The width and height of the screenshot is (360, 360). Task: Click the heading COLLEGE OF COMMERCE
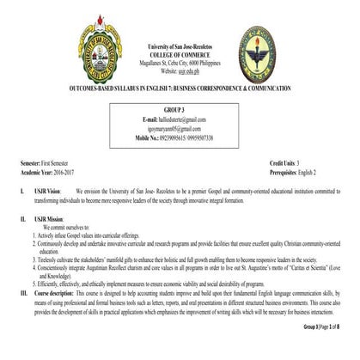point(179,51)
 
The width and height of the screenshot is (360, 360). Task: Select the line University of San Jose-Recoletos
point(179,43)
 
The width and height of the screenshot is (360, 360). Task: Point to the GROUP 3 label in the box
point(179,110)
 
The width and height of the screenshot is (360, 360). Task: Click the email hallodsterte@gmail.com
point(180,119)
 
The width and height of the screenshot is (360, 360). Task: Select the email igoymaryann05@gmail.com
point(180,127)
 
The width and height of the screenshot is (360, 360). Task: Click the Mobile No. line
point(179,137)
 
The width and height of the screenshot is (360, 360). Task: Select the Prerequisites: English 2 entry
point(300,169)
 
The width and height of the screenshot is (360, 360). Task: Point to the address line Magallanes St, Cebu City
point(179,58)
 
